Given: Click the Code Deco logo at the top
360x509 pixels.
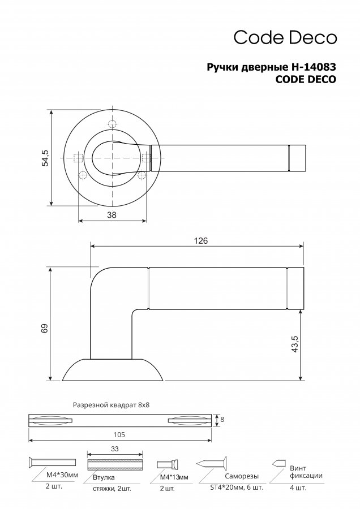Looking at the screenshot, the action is pos(285,37).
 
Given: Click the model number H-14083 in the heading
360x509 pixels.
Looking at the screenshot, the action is pos(312,67).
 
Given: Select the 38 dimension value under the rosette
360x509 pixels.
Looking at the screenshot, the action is pos(112,214).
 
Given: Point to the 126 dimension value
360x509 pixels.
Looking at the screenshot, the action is pos(200,241).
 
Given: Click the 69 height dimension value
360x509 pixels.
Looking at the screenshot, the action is pos(45,328).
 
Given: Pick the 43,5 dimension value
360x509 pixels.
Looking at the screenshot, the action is pos(295,344).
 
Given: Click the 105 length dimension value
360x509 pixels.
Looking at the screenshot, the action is pos(119,434).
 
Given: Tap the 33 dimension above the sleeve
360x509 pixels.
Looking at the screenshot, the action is pos(115,449).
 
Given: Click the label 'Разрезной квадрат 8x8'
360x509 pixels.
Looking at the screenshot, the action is pos(111,405).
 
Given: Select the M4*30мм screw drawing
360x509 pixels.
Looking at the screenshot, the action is pos(52,462).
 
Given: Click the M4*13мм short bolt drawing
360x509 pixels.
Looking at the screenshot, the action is pos(168,464).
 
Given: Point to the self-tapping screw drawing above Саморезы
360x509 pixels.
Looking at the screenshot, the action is pos(212,462).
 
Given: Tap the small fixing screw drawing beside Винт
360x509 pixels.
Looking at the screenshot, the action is pos(278,463).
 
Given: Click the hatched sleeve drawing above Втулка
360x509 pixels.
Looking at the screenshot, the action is pos(115,464).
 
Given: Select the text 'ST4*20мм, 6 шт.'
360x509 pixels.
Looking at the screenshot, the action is pos(235,488).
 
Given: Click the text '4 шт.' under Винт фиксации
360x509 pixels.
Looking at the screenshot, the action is pos(298,488).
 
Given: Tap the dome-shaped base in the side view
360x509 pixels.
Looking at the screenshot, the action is pos(113,370).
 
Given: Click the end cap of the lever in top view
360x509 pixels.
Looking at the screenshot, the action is pos(297,158).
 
